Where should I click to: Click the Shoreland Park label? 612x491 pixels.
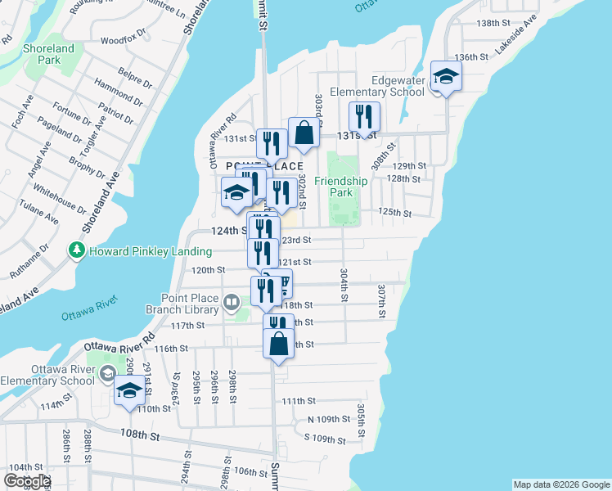click(x=49, y=54)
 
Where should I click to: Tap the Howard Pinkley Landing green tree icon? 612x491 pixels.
click(x=78, y=249)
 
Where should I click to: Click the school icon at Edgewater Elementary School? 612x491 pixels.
click(x=447, y=77)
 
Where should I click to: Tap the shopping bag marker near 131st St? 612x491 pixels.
click(x=304, y=133)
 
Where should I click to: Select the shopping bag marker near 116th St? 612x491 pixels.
click(x=278, y=344)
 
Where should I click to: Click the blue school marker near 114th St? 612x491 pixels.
click(x=128, y=390)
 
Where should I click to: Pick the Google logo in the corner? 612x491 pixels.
click(x=28, y=481)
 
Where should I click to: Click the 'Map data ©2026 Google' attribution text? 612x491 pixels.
click(x=560, y=484)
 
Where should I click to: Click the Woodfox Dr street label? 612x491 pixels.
click(x=123, y=38)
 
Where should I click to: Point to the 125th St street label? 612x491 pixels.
click(x=394, y=212)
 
